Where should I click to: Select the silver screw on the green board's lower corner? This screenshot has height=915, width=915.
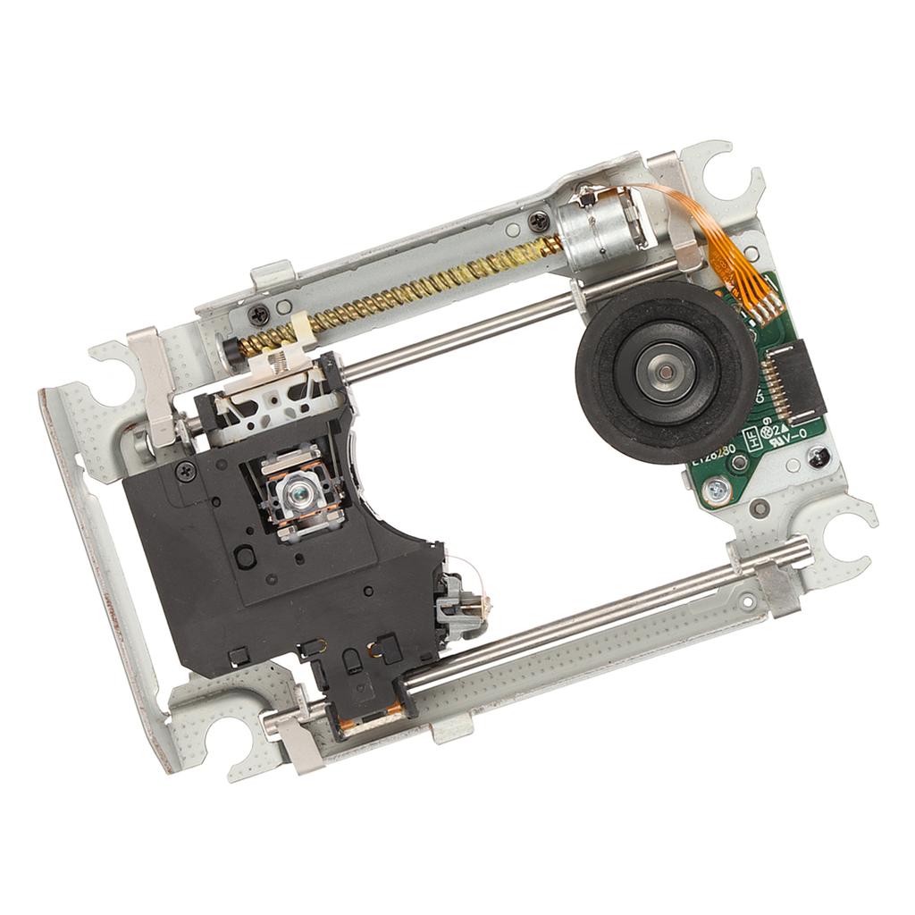[x=716, y=488]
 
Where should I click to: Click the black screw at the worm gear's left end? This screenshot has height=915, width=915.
[x=258, y=314]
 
